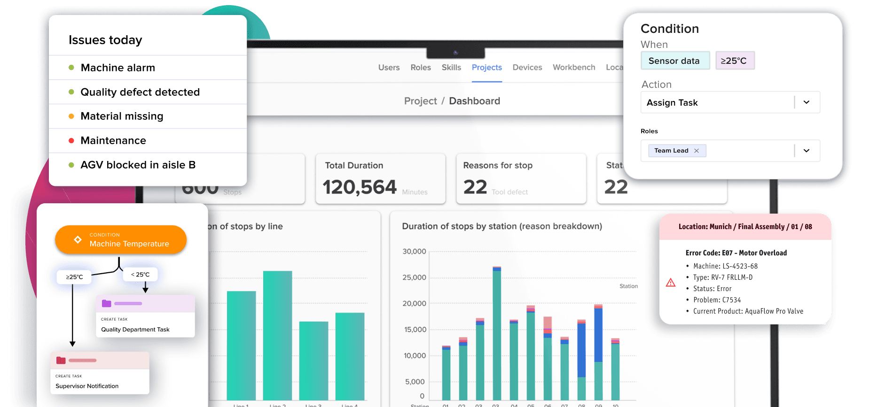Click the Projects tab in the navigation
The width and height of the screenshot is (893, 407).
tap(486, 68)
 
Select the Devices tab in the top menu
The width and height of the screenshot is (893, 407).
tap(527, 68)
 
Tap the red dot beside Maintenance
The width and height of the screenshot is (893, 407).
tap(71, 141)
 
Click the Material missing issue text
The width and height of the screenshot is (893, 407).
tap(122, 116)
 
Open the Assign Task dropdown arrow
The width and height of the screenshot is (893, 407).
tap(807, 102)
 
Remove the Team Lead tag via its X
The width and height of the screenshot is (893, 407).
tap(697, 151)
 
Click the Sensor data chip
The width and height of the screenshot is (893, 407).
tap(674, 61)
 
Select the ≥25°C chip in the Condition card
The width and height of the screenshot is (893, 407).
tap(734, 61)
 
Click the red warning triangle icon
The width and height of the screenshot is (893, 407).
tap(671, 283)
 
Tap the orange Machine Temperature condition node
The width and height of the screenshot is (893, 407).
tap(121, 240)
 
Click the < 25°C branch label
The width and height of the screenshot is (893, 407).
tap(140, 275)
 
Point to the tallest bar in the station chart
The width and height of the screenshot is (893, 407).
tap(497, 333)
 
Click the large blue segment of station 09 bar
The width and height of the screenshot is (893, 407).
tap(598, 334)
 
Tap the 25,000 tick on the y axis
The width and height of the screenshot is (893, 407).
tap(414, 277)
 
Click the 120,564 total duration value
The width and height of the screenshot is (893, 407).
tap(360, 187)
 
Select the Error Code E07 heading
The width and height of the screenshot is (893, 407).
tap(736, 253)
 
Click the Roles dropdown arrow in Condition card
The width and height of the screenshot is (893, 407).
tap(807, 151)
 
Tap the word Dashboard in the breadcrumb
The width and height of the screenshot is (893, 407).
tap(474, 101)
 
